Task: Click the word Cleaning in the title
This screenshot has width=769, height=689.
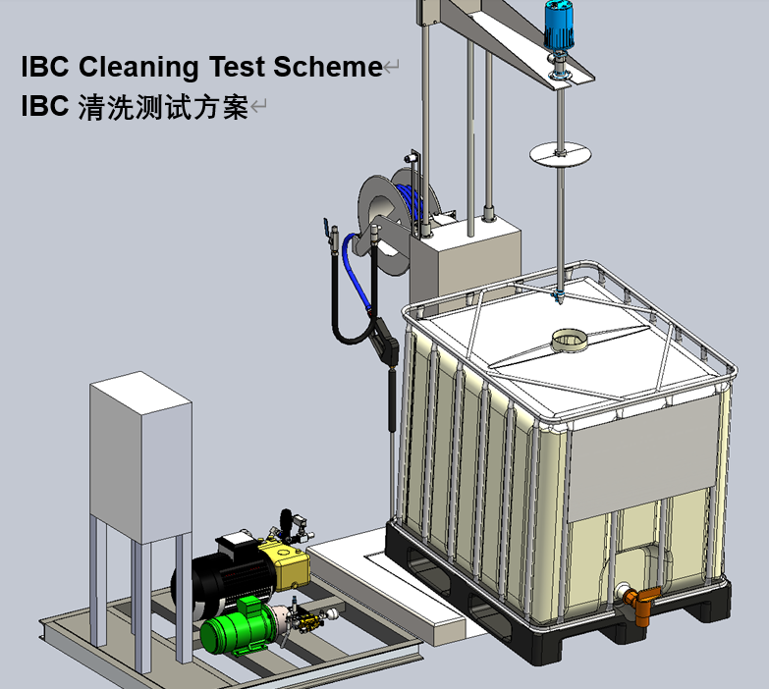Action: coord(138,67)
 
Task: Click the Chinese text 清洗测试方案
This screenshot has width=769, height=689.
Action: coord(162,106)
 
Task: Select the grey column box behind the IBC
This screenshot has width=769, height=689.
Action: coord(463,260)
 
